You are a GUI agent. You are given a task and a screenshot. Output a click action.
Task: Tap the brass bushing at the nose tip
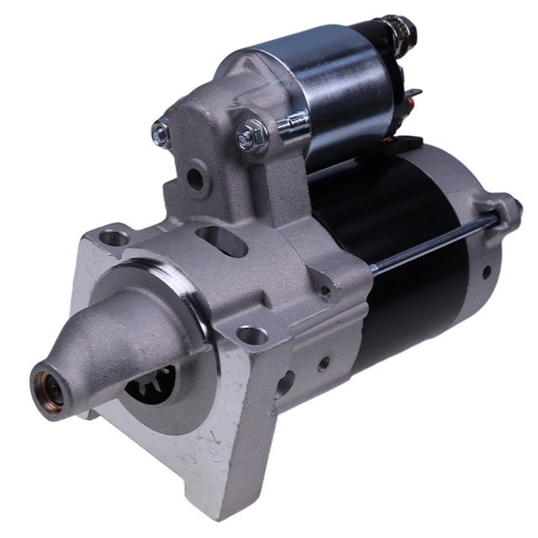coord(47,389)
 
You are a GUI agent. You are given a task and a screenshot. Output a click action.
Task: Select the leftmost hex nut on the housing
coord(161,131)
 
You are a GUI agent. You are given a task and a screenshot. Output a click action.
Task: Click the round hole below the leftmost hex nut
coord(194,178)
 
